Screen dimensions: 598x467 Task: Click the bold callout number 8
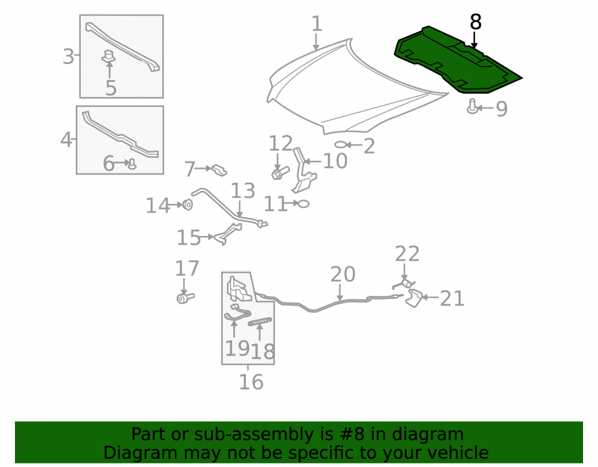click(475, 22)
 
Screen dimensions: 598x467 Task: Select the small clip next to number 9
click(472, 106)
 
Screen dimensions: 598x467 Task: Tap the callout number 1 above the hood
click(316, 24)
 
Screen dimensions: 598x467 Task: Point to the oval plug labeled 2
click(341, 145)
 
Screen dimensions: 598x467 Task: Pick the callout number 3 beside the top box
click(68, 57)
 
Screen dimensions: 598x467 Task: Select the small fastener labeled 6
click(132, 164)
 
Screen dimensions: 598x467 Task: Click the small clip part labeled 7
click(219, 170)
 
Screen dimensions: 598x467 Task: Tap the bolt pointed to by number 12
click(280, 173)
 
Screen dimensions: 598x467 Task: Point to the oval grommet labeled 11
click(303, 204)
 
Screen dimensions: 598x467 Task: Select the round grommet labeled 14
click(187, 204)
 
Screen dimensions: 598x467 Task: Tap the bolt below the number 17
click(185, 297)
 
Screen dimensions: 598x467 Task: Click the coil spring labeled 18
click(260, 322)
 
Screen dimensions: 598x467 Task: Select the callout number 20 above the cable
click(343, 274)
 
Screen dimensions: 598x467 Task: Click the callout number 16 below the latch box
click(251, 381)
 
